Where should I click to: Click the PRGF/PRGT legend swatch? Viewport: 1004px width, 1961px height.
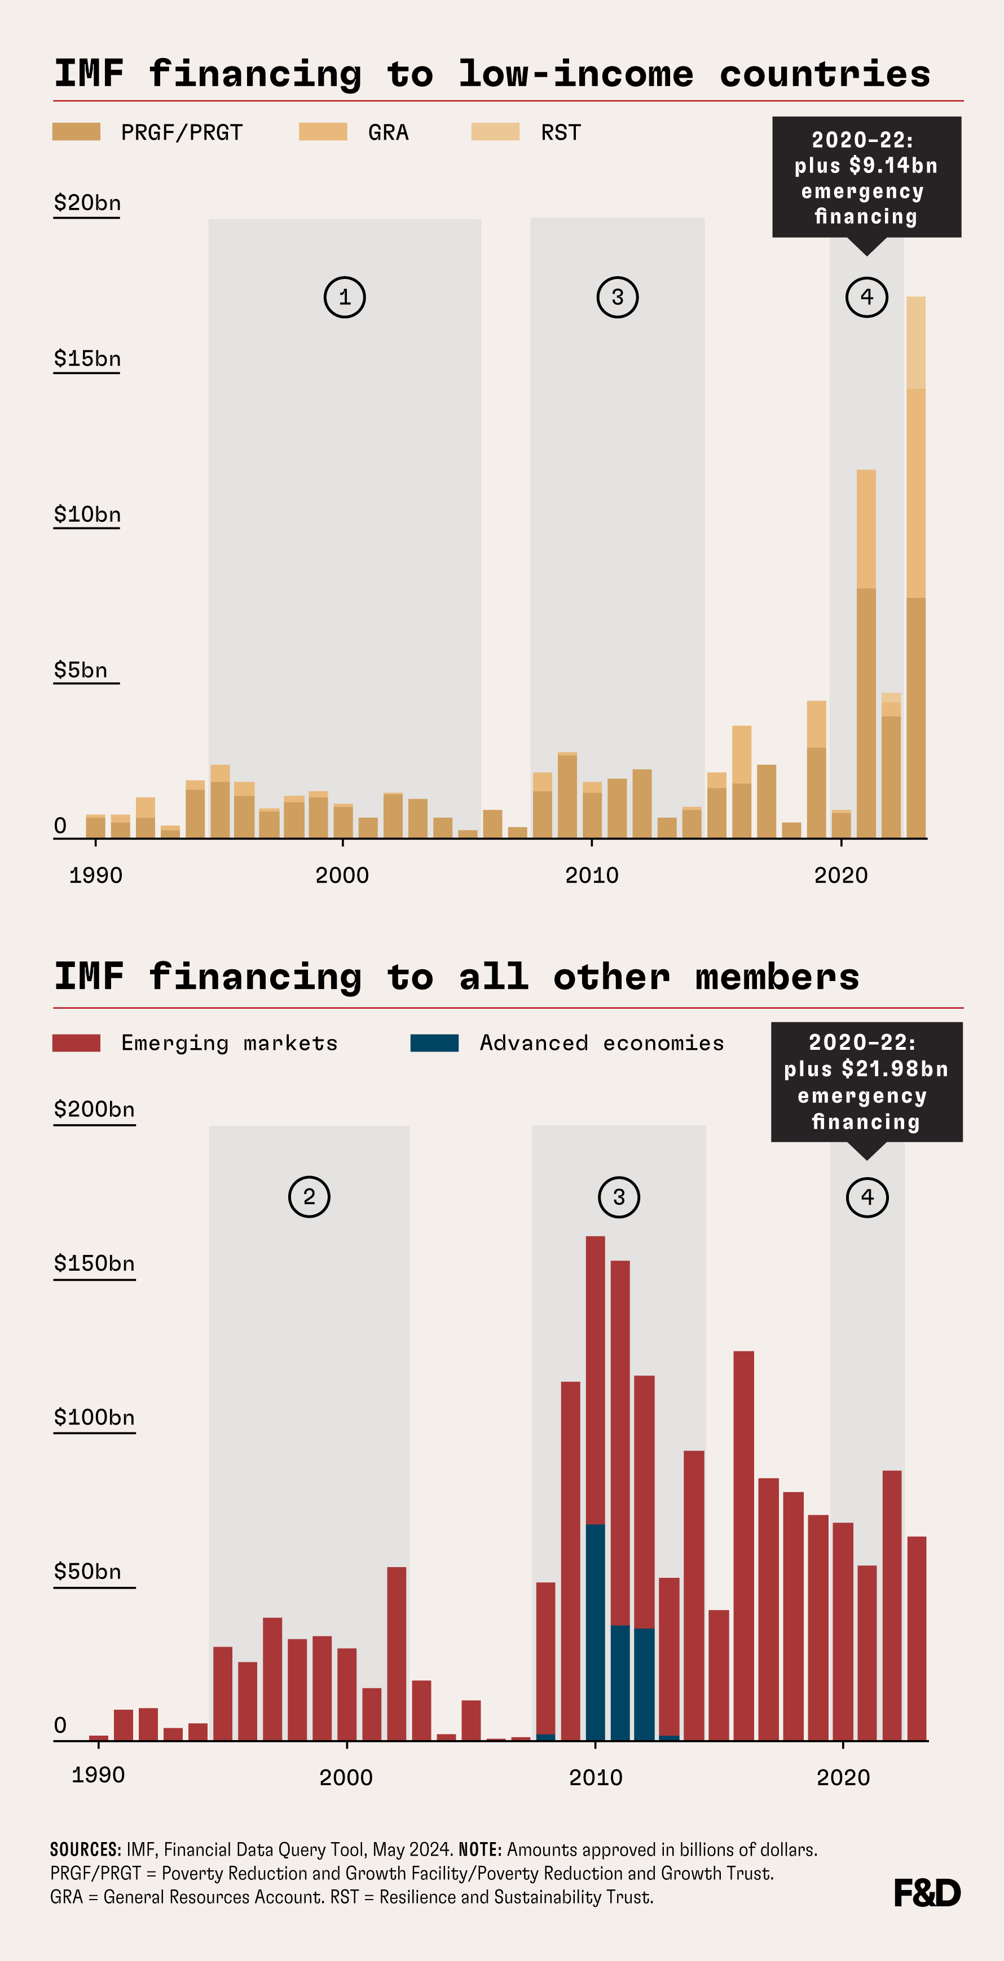tap(76, 132)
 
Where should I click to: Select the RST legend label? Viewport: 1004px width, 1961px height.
tap(561, 132)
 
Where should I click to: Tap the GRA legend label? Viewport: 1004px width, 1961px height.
tap(389, 132)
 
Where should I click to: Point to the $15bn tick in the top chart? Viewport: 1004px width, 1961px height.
tap(87, 358)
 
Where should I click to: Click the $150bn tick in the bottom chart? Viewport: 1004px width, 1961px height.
tap(94, 1264)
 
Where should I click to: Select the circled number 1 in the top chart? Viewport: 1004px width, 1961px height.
tap(344, 297)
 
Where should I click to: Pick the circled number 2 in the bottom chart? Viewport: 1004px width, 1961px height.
tap(309, 1197)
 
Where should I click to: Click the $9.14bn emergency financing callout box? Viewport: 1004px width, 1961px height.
tap(866, 178)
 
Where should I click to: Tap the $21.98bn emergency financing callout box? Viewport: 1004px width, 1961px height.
tap(866, 1082)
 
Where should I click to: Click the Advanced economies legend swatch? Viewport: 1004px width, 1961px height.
tap(434, 1043)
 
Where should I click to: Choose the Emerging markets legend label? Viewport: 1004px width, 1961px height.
tap(228, 1043)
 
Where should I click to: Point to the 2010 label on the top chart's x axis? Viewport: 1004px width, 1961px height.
tap(592, 876)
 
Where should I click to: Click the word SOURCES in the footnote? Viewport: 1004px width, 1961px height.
tap(85, 1850)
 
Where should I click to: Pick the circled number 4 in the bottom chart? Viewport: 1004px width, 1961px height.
tap(867, 1197)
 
